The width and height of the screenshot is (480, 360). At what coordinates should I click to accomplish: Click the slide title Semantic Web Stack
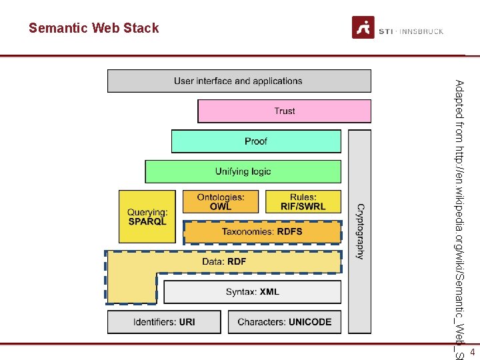(x=94, y=28)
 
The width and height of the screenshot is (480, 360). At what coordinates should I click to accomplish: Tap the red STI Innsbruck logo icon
(x=363, y=28)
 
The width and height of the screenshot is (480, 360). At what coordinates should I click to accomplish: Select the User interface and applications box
(x=239, y=81)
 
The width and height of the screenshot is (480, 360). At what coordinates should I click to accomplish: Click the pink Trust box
(x=284, y=111)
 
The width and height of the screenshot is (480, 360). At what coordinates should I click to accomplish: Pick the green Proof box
(x=256, y=141)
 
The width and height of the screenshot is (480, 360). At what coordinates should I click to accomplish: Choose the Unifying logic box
(x=243, y=171)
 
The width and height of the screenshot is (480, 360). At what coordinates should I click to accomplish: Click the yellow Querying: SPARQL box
(x=147, y=217)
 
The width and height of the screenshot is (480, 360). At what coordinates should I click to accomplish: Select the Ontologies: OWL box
(x=221, y=201)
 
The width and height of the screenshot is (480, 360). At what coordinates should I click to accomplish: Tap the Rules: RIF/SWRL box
(x=303, y=201)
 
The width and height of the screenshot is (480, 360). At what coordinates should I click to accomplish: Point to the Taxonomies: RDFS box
(x=262, y=231)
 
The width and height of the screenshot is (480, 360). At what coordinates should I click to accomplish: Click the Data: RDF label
(x=224, y=261)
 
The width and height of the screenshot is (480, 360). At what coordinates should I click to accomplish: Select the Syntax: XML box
(x=252, y=292)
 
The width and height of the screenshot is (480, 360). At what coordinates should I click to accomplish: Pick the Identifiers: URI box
(x=164, y=322)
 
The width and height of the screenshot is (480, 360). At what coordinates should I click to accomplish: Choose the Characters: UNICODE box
(x=285, y=322)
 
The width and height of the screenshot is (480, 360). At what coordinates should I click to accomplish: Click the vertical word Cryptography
(x=360, y=231)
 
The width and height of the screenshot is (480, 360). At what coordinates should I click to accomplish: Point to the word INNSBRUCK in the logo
(x=422, y=31)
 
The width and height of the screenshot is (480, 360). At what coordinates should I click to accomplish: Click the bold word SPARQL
(x=148, y=221)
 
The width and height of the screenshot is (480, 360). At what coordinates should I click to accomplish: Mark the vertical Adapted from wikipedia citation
(x=459, y=213)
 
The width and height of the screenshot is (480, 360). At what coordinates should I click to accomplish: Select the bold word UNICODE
(x=310, y=322)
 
